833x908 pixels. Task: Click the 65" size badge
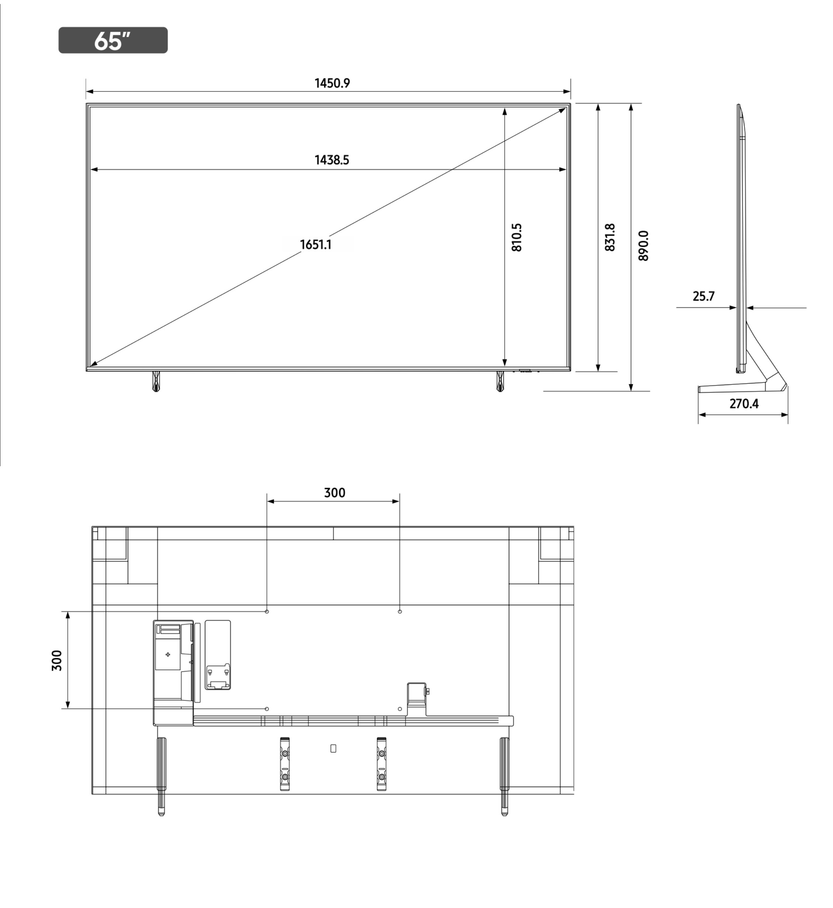pos(113,40)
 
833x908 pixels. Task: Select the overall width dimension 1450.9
pos(332,83)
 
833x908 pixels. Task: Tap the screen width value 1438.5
pos(332,160)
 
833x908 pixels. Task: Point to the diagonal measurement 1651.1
pos(316,245)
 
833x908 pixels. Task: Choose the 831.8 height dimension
pos(610,237)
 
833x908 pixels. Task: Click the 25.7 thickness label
pos(704,297)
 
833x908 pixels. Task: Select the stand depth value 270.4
pos(744,404)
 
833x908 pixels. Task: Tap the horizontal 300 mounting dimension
pos(334,493)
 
